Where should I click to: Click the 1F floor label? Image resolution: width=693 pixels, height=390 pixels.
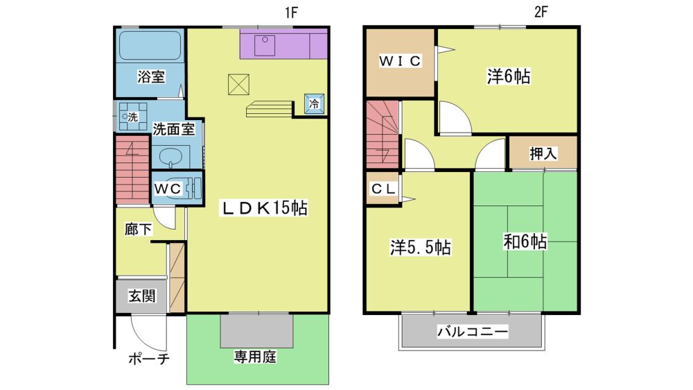point(291,12)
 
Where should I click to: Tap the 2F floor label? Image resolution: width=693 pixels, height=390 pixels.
point(541,12)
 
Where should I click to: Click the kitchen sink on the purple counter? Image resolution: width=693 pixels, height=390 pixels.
point(264,46)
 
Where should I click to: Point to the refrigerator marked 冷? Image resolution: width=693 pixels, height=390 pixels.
point(314,104)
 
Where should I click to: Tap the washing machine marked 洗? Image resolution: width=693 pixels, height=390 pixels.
point(132,117)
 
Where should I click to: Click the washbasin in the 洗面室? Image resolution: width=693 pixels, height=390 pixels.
point(170,157)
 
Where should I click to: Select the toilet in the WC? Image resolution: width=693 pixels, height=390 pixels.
point(193,189)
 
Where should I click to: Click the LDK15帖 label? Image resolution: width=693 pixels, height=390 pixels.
point(264,207)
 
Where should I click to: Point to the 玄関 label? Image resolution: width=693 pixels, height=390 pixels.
point(142,296)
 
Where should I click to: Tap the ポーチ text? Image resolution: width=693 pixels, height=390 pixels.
point(149,359)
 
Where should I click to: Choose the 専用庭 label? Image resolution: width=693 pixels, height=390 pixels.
point(255,357)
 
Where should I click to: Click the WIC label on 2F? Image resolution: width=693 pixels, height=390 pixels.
point(400,61)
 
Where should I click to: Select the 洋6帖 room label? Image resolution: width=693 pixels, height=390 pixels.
point(508,76)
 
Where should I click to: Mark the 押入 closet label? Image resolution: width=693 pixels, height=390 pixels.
point(543,153)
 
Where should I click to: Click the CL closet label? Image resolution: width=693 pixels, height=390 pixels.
point(383,189)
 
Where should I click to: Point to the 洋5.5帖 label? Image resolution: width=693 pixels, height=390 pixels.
point(421,248)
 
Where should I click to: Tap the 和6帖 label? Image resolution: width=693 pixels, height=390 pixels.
point(525,241)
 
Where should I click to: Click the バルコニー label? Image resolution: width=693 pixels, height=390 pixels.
point(473,332)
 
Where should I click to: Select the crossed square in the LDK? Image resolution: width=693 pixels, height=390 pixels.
point(238,85)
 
